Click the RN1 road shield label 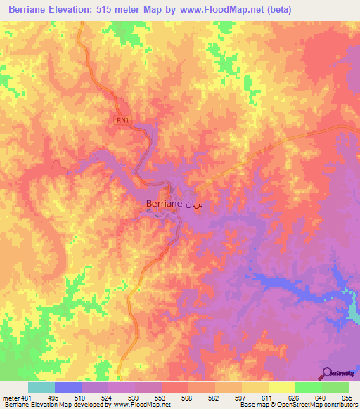point(123,120)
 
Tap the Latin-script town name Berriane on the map point(165,203)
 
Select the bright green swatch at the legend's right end point(335,387)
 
